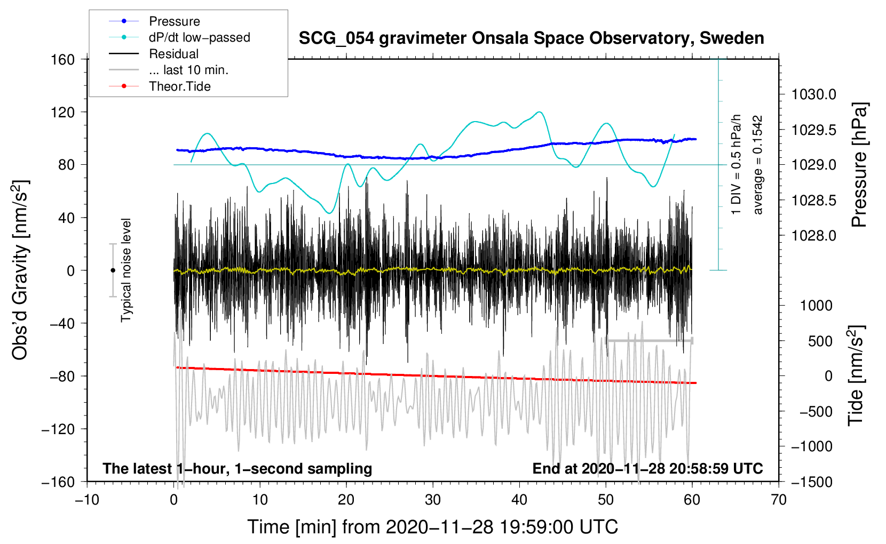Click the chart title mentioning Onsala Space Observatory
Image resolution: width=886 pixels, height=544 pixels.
click(531, 38)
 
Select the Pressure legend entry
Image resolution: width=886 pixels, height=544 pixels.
click(174, 21)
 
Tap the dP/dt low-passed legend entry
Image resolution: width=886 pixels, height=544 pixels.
click(199, 37)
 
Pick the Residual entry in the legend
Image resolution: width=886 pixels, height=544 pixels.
click(173, 54)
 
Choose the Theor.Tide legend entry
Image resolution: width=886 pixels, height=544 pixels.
click(179, 86)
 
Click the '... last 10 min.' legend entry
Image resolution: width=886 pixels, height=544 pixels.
click(188, 70)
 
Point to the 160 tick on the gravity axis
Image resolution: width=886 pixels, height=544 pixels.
click(63, 59)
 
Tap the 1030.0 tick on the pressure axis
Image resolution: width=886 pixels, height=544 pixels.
click(814, 94)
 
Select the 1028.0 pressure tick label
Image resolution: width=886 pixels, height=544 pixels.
click(814, 235)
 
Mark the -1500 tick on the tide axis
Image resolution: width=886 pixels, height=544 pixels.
click(811, 482)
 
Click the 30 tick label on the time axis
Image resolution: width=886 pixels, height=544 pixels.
click(433, 500)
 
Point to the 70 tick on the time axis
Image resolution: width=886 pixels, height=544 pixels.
click(779, 500)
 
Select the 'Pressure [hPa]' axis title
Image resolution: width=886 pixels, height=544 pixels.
click(859, 165)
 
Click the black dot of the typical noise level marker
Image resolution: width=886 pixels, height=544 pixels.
click(113, 270)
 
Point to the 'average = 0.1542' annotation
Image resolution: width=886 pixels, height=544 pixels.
click(758, 165)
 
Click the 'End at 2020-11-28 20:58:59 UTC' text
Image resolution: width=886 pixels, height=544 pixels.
click(647, 468)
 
